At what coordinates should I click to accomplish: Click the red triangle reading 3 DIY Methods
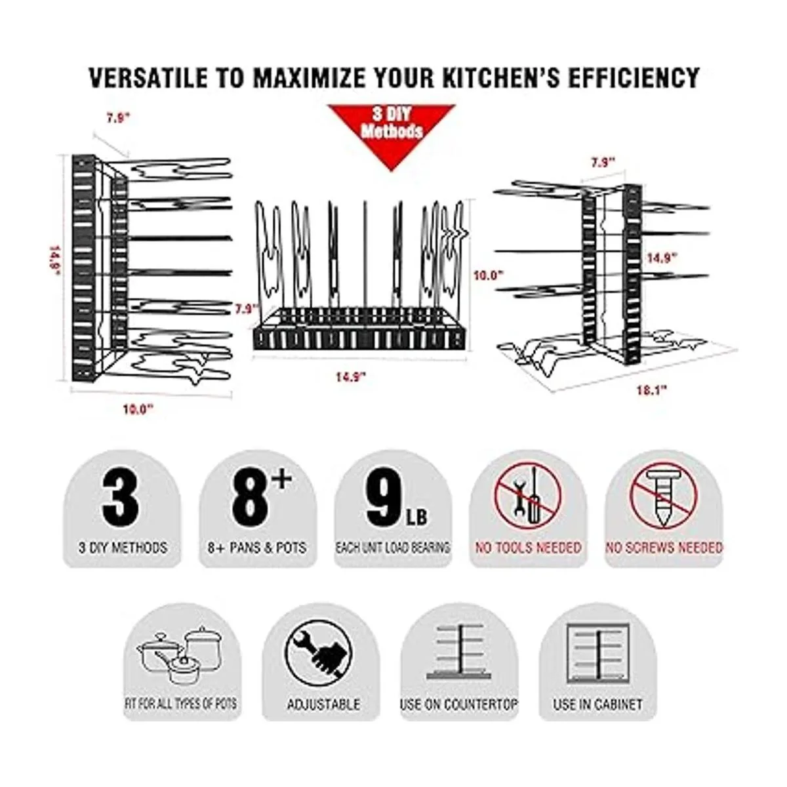pyautogui.click(x=392, y=131)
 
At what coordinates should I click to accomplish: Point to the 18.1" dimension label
pyautogui.click(x=652, y=390)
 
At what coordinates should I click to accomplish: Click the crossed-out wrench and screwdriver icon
pyautogui.click(x=528, y=497)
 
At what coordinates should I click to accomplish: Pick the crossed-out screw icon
pyautogui.click(x=663, y=497)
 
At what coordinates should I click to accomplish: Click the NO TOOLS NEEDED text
pyautogui.click(x=528, y=548)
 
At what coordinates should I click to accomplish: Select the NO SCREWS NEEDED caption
pyautogui.click(x=664, y=548)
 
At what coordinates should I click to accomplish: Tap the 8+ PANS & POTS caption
pyautogui.click(x=257, y=548)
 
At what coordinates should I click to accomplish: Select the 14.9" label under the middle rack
pyautogui.click(x=350, y=376)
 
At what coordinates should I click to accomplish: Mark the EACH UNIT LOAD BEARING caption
pyautogui.click(x=392, y=548)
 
